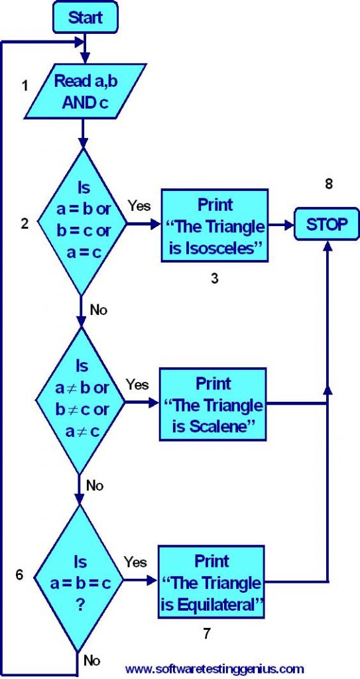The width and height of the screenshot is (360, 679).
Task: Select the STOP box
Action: tap(327, 224)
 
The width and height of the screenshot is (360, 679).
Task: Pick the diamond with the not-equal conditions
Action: tap(82, 399)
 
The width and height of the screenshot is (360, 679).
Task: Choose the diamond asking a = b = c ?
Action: tap(80, 575)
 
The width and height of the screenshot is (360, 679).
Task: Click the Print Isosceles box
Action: tap(214, 225)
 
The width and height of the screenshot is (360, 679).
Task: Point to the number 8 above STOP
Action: tap(328, 184)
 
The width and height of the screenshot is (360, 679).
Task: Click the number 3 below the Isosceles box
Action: tap(215, 278)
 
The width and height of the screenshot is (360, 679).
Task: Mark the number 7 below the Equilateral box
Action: tap(207, 633)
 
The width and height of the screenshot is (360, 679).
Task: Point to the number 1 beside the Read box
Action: tap(26, 86)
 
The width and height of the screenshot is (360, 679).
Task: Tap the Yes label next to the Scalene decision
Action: tap(137, 385)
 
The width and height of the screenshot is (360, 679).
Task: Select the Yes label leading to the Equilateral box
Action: tap(135, 562)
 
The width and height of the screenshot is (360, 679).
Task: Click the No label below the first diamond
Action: tap(98, 309)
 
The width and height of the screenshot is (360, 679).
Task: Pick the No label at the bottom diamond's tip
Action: tap(92, 660)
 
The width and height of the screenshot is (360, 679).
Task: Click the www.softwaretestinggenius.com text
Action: tap(214, 668)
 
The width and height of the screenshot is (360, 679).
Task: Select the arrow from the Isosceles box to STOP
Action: tap(280, 225)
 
